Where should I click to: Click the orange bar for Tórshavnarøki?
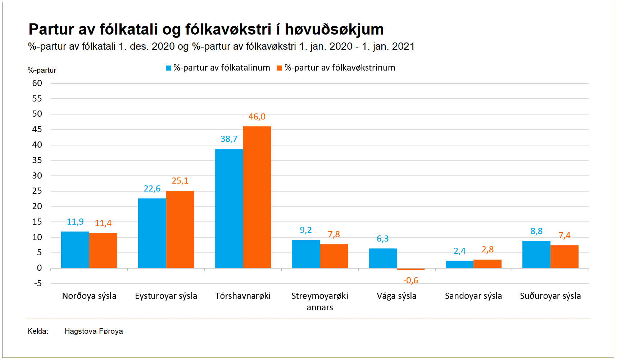pyautogui.click(x=257, y=197)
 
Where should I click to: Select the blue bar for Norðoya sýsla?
pyautogui.click(x=75, y=249)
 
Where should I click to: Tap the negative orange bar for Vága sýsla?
pyautogui.click(x=410, y=269)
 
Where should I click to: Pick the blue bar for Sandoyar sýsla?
pyautogui.click(x=459, y=264)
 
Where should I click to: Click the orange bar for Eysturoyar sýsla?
pyautogui.click(x=180, y=229)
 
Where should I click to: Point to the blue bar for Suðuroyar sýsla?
pyautogui.click(x=536, y=254)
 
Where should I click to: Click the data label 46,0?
pyautogui.click(x=257, y=117)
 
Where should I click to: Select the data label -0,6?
pyautogui.click(x=410, y=280)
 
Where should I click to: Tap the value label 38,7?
pyautogui.click(x=229, y=139)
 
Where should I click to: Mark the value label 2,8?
pyautogui.click(x=487, y=249)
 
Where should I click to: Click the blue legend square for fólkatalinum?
pyautogui.click(x=168, y=68)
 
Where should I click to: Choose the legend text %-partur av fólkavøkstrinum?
pyautogui.click(x=340, y=68)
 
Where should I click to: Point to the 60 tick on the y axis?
pyautogui.click(x=37, y=83)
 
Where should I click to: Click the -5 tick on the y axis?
pyautogui.click(x=38, y=283)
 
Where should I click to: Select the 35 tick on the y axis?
pyautogui.click(x=37, y=160)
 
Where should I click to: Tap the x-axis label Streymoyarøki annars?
pyautogui.click(x=319, y=301)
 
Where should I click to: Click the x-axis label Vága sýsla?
pyautogui.click(x=396, y=296)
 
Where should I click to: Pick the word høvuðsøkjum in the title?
pyautogui.click(x=334, y=29)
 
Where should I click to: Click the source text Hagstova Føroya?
pyautogui.click(x=94, y=331)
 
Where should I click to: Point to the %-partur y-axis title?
pyautogui.click(x=42, y=70)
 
